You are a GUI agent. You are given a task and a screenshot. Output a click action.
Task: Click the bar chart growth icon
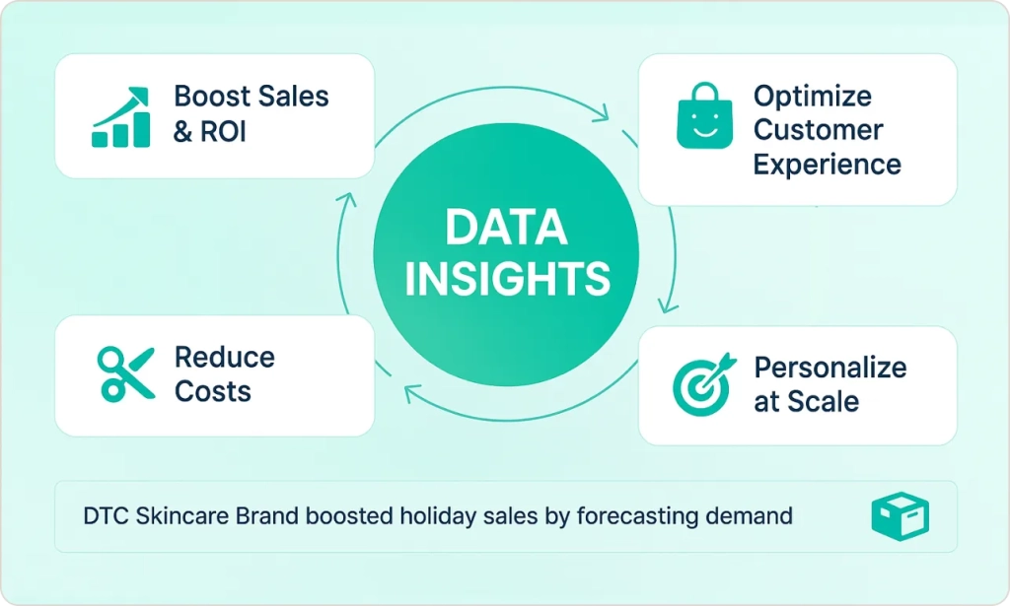pos(120,117)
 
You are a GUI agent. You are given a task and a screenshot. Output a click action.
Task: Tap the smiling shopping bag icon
pos(704,116)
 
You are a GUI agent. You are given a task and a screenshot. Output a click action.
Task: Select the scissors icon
pos(125,373)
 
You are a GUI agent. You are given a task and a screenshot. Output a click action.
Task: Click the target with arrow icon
pos(703,383)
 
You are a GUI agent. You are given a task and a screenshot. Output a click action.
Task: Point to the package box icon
pos(901,516)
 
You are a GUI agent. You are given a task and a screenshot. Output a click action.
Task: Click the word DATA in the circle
pos(506,227)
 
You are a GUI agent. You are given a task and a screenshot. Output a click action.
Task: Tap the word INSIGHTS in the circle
pos(507,278)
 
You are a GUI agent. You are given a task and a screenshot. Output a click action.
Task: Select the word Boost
pos(213,97)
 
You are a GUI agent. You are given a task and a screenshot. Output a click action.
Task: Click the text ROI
pos(223,132)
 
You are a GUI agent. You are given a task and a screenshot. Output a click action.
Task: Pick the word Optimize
pos(813,98)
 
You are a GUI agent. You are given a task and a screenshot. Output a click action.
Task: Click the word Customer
pos(818,130)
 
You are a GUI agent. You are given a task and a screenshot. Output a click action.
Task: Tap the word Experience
pos(828,165)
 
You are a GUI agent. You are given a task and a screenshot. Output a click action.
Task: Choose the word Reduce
pos(225,357)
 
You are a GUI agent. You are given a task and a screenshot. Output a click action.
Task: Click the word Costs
pos(213,391)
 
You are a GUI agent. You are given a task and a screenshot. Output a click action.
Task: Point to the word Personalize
pos(830,368)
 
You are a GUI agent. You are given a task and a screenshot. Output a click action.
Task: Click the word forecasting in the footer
pos(637,516)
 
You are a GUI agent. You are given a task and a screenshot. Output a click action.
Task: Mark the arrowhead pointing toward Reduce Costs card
pos(412,392)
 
